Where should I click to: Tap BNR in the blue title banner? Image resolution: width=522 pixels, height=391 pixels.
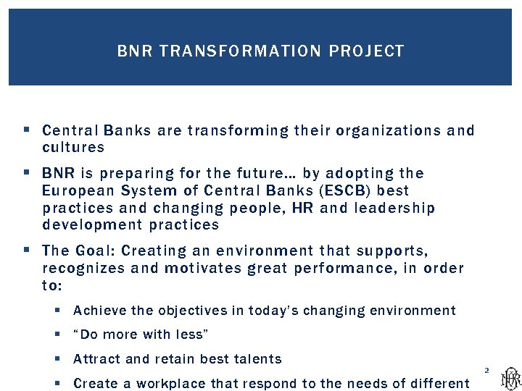coord(135,51)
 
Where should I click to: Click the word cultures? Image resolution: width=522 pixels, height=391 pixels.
coord(73,148)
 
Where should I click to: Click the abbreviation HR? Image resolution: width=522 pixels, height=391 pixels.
coord(302,209)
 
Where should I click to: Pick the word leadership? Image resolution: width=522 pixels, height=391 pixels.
coord(394,209)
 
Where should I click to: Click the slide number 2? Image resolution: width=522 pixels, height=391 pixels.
coord(486,371)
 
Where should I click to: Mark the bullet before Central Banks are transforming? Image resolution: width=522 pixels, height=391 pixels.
coord(26,131)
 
